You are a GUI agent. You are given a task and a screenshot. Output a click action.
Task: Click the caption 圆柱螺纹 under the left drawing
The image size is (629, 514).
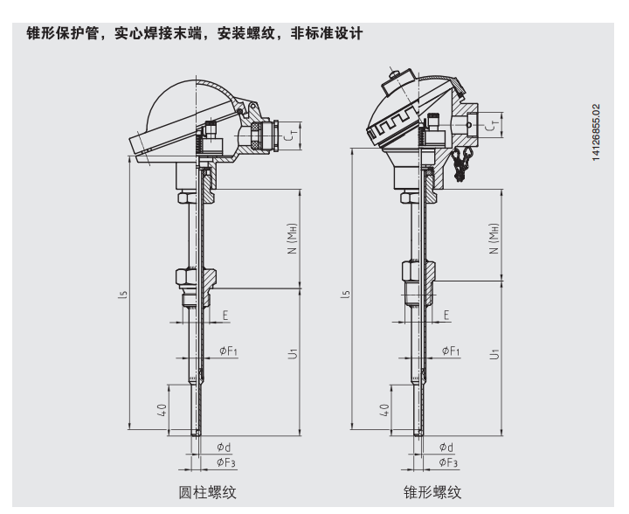(x=207, y=492)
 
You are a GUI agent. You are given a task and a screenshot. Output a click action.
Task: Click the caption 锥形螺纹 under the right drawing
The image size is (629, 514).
(x=432, y=492)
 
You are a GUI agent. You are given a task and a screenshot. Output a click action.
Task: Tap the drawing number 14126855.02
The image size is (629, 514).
(x=596, y=133)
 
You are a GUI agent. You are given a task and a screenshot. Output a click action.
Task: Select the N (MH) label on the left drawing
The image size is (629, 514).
(x=293, y=239)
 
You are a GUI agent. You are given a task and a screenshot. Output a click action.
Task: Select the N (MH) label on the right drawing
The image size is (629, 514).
(x=494, y=239)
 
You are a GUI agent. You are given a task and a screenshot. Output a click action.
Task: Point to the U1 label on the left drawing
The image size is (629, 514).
(x=294, y=353)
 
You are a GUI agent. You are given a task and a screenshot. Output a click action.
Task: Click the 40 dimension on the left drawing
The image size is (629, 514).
(x=162, y=410)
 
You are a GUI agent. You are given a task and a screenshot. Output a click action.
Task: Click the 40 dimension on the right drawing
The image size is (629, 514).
(x=384, y=410)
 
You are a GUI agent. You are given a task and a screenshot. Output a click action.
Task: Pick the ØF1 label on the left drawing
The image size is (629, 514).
(x=228, y=351)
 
